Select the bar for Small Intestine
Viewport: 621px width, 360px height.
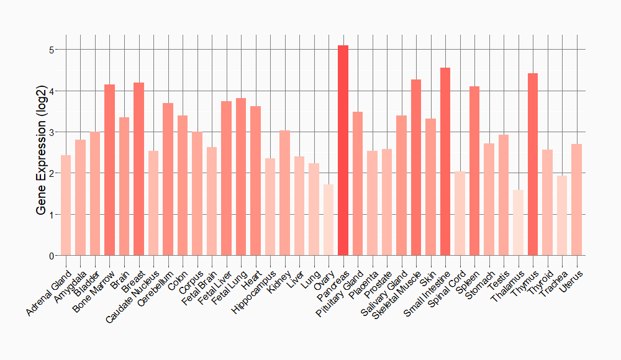[x=445, y=161]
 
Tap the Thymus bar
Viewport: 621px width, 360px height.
[x=532, y=164]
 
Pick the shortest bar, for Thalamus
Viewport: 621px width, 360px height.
[x=518, y=223]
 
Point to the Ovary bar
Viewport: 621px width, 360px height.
[x=329, y=220]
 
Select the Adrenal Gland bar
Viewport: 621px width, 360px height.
[x=66, y=205]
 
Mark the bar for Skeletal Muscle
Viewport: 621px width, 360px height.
[x=416, y=168]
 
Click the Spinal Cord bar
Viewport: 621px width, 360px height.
[x=460, y=214]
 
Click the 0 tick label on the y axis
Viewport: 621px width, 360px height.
[x=53, y=256]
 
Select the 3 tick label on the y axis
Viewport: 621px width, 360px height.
[x=53, y=132]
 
